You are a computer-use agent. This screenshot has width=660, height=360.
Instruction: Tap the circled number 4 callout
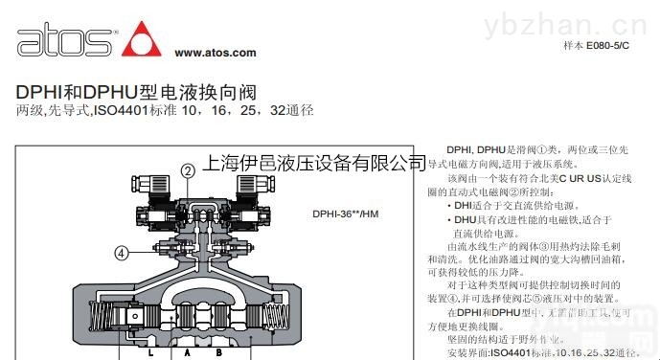tap(121, 253)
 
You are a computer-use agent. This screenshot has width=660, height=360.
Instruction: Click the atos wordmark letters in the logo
tap(62, 42)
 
